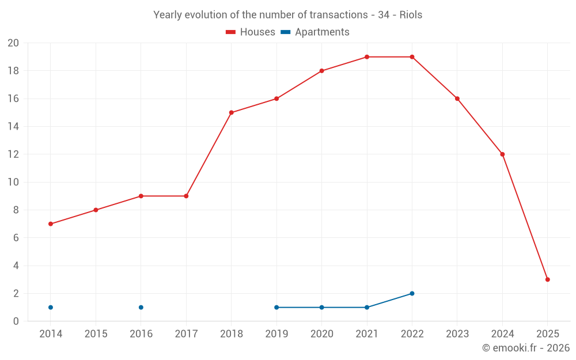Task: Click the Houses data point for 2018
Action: click(x=232, y=113)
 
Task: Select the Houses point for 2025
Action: click(x=547, y=279)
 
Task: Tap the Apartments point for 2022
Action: click(x=412, y=293)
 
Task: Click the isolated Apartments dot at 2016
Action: click(x=141, y=307)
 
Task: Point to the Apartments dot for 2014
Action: click(x=51, y=307)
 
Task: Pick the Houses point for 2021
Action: click(x=367, y=57)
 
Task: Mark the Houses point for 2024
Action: click(x=502, y=154)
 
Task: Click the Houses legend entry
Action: click(x=251, y=32)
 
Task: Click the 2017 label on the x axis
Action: click(x=186, y=334)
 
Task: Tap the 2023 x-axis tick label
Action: click(x=457, y=334)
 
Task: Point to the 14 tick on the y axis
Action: click(x=13, y=127)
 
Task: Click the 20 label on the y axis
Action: click(x=13, y=43)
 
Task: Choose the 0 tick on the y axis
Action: click(x=16, y=321)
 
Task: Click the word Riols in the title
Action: click(x=410, y=15)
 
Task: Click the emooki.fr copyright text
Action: click(x=526, y=348)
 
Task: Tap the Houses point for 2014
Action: click(x=51, y=223)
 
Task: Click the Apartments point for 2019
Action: click(x=276, y=307)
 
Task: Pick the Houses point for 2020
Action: click(x=321, y=71)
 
